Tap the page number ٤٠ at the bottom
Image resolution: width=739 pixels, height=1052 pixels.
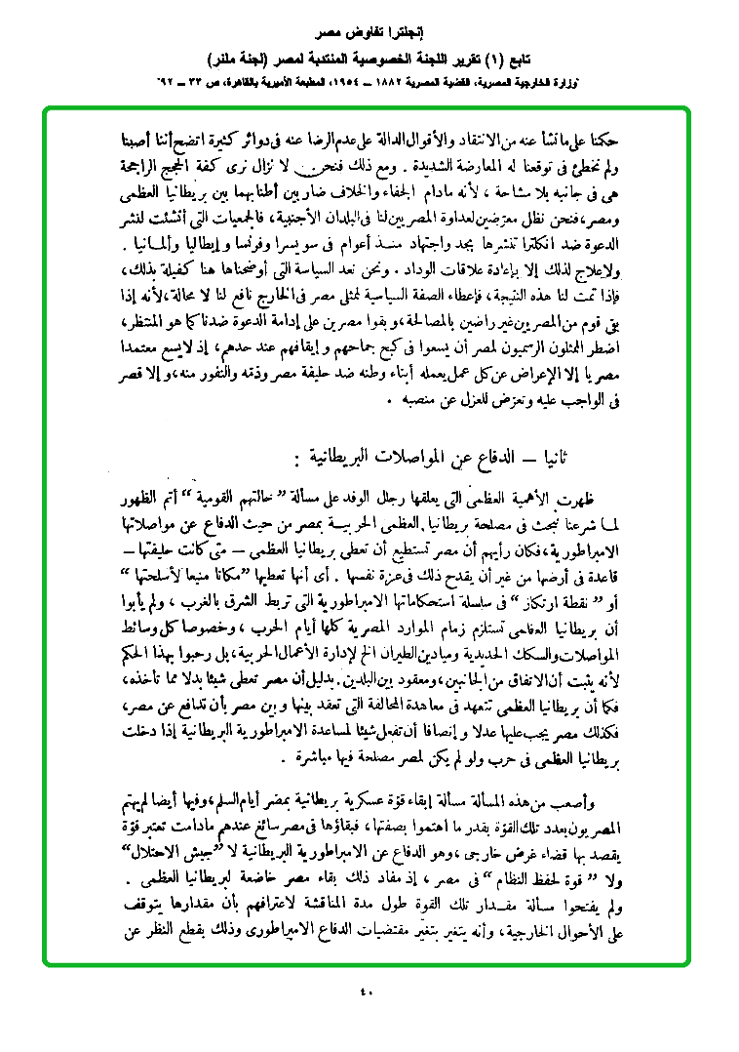(368, 993)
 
